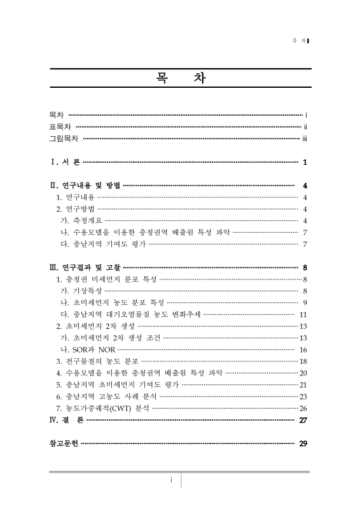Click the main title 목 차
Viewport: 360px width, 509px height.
(x=179, y=80)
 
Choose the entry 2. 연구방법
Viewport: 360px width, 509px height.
(x=75, y=209)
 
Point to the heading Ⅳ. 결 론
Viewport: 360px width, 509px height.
(x=66, y=420)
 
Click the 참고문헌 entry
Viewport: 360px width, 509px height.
(x=64, y=443)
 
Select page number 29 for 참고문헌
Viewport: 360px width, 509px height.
(x=303, y=443)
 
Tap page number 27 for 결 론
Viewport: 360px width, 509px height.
(x=303, y=420)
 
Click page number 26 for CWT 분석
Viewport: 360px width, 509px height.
(x=303, y=408)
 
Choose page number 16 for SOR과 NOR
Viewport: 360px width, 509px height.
(x=303, y=349)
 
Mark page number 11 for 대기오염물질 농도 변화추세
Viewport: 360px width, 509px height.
(x=303, y=314)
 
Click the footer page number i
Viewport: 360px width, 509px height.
(x=171, y=480)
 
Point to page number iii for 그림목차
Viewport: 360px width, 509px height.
(x=305, y=137)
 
